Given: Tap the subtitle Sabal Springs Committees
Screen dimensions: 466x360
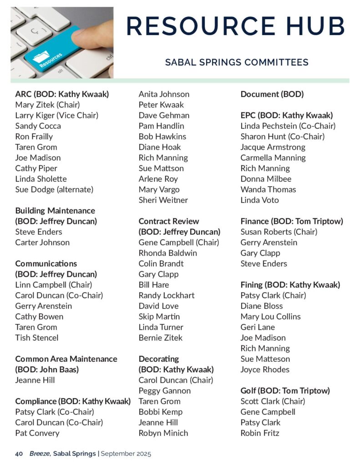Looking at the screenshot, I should [x=237, y=62].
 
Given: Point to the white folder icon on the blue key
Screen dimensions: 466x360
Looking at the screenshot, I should [x=41, y=57].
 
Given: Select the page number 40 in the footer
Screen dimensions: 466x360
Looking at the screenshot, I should [x=19, y=454].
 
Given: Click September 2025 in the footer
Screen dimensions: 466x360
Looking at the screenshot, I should [x=126, y=454].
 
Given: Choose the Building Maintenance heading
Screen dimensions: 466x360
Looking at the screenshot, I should [x=55, y=211].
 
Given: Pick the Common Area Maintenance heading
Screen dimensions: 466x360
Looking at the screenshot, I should [x=66, y=359].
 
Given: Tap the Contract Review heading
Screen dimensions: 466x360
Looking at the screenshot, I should [x=169, y=221].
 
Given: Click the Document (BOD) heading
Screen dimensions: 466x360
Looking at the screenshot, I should [x=272, y=94].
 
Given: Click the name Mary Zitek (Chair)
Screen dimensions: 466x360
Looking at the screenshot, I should [x=48, y=105].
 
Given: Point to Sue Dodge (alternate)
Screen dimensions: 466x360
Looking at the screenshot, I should [x=54, y=189].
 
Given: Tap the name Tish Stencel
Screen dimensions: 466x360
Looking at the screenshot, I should [x=37, y=338].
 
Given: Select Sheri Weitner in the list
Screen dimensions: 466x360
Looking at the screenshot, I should [x=163, y=200].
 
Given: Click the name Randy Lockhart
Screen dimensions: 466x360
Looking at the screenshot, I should [x=167, y=295].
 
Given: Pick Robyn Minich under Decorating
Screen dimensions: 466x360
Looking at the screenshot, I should [x=163, y=433].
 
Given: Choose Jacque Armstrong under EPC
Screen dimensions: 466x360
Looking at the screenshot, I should [x=273, y=147].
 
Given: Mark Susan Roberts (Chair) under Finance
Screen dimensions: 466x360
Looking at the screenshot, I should [x=279, y=232].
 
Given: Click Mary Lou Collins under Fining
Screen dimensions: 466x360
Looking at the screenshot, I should [x=270, y=316].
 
